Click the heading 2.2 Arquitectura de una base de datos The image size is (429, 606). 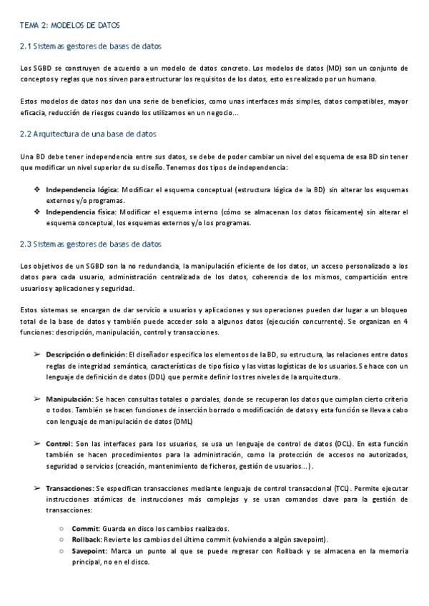click(89, 134)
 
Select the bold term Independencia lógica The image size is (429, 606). click(82, 189)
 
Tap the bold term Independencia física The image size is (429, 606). click(80, 212)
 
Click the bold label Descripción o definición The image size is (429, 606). click(85, 354)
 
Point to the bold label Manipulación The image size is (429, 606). click(69, 399)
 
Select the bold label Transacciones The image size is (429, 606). click(69, 488)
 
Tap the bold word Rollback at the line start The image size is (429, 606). click(87, 540)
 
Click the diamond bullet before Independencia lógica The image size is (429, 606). click(37, 189)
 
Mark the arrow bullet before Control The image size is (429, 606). click(36, 444)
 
